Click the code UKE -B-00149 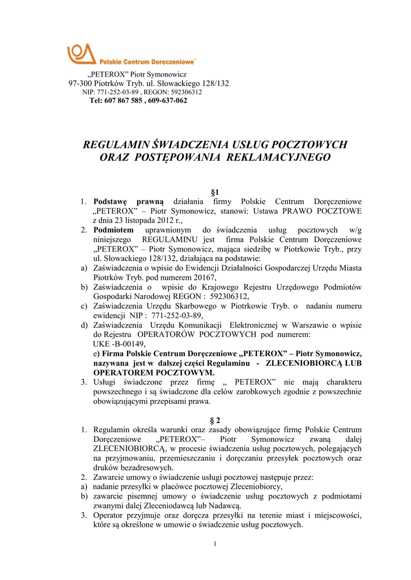(x=119, y=344)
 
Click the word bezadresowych (x=146, y=467)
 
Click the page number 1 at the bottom (x=216, y=545)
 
